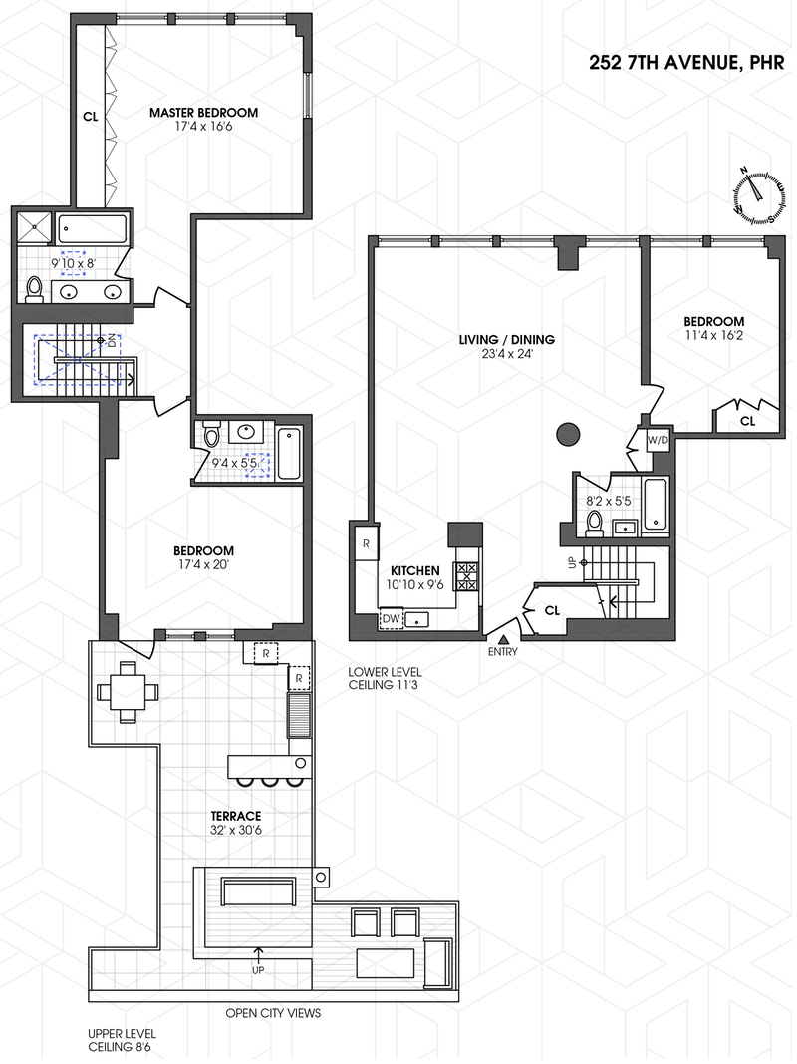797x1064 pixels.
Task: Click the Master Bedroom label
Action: pos(203,113)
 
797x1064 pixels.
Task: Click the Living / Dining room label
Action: pos(506,340)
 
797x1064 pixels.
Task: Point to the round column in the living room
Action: pos(567,433)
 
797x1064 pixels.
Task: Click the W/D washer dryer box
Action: pos(658,440)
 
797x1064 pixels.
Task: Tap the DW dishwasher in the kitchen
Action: pos(391,619)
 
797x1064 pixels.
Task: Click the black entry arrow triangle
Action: pos(503,639)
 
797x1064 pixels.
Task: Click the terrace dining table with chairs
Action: pos(128,691)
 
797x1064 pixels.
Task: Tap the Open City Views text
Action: pos(273,1014)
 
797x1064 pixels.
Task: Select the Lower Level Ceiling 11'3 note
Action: pos(385,680)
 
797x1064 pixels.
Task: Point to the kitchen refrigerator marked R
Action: pos(366,544)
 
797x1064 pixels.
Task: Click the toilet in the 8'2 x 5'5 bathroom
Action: pos(596,524)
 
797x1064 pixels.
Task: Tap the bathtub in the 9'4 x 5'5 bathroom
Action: pos(288,452)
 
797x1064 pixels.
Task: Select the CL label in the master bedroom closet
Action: pos(90,117)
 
